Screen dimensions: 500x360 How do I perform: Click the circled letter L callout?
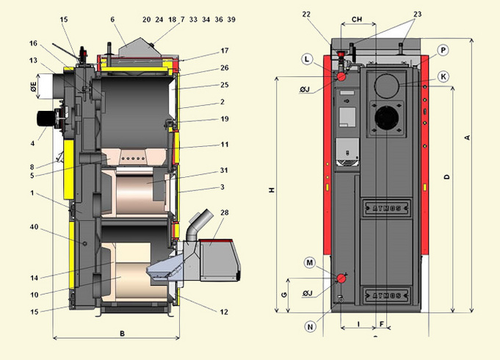click(x=307, y=59)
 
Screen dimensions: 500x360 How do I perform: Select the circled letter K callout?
click(x=443, y=76)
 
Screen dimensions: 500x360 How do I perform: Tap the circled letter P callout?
click(x=443, y=51)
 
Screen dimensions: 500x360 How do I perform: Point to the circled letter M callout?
click(x=310, y=263)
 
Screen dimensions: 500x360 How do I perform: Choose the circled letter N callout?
click(x=310, y=326)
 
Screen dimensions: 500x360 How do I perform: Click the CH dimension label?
click(x=357, y=19)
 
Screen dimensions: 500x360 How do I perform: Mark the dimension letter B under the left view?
click(x=122, y=334)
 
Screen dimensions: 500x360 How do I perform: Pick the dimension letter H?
click(x=272, y=190)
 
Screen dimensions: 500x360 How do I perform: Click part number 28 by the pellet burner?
click(x=225, y=212)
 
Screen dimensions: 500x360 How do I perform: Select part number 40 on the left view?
click(x=34, y=227)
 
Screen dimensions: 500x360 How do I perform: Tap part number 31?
click(x=224, y=170)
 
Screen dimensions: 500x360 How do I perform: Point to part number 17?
click(x=225, y=51)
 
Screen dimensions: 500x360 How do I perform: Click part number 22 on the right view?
click(x=306, y=15)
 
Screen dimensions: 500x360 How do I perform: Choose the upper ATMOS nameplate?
click(x=386, y=209)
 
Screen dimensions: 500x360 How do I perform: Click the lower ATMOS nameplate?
click(x=386, y=295)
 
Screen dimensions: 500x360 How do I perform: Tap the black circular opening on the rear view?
click(x=386, y=118)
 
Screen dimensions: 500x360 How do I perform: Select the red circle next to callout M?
click(x=341, y=278)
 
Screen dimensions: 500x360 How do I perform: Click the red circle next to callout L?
click(x=341, y=76)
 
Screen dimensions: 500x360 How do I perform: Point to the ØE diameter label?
click(x=34, y=87)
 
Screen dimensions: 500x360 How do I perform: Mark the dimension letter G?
click(x=284, y=295)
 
